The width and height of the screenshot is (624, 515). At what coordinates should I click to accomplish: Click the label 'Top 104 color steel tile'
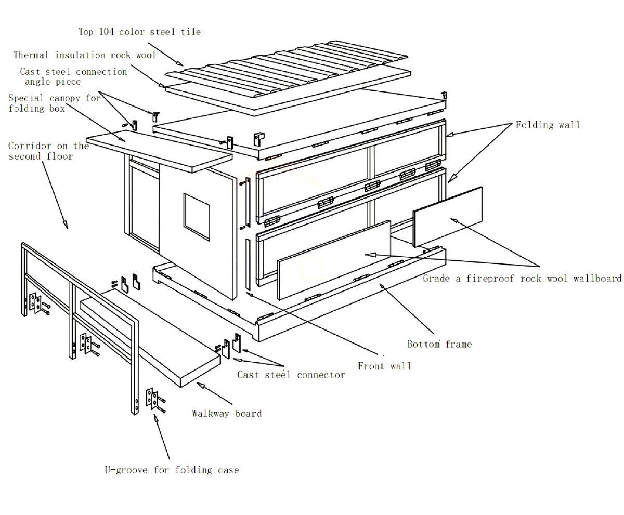coord(139,32)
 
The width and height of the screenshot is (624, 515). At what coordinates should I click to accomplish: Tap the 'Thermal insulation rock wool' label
coord(85,55)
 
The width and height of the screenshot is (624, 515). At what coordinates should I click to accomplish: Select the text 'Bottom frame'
coord(439,344)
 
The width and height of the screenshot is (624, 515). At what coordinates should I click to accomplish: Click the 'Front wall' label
coord(384,366)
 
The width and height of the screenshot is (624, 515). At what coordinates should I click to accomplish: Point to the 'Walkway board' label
coord(227,414)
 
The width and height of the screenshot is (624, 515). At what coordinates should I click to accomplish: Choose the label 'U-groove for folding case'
coord(172,470)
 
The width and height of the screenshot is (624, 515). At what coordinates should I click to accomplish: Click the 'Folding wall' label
coord(548,125)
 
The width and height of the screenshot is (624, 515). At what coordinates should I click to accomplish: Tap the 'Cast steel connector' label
coord(291,375)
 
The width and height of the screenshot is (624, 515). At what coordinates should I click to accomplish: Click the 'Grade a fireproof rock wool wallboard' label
coord(522,279)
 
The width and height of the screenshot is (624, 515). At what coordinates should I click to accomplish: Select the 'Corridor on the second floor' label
coord(48,151)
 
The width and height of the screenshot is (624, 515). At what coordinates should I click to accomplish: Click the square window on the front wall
coord(197,217)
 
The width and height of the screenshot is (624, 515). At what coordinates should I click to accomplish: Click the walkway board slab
coord(151,338)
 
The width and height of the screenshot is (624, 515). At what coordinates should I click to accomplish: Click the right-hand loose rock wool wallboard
coord(448,216)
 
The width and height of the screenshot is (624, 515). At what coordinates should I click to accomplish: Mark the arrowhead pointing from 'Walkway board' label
coord(198,385)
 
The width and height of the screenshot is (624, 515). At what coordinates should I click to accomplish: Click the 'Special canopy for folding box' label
coord(54,103)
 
